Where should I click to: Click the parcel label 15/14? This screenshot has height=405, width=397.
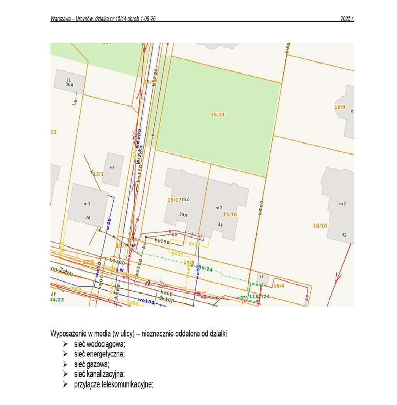point(217,115)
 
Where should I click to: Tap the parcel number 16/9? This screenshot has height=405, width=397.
point(340,107)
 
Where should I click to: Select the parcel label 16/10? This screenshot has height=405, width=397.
point(320,226)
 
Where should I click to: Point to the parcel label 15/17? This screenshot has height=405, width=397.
point(174,200)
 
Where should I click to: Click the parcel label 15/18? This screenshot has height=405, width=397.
point(229,214)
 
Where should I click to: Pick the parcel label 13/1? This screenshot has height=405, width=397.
point(98,174)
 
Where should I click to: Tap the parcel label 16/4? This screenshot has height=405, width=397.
point(279,286)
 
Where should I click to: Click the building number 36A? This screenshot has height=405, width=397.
point(69,85)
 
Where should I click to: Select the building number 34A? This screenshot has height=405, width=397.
point(183,215)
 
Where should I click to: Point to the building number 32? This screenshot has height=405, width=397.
point(344,235)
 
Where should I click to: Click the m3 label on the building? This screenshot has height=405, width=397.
point(87,204)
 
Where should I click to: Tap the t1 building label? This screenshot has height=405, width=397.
point(112,168)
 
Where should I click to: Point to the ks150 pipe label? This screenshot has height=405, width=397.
point(161,241)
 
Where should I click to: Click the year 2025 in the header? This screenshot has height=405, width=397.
point(347,19)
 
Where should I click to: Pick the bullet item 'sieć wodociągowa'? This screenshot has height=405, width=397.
point(100,344)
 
